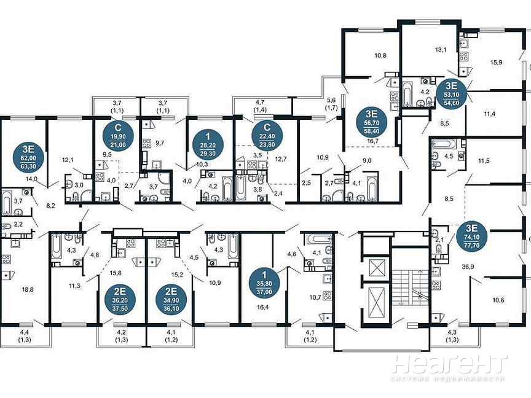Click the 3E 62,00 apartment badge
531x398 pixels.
pyautogui.click(x=29, y=157)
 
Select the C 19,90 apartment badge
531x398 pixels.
pyautogui.click(x=118, y=135)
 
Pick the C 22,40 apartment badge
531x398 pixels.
pyautogui.click(x=267, y=135)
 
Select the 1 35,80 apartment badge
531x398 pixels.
pyautogui.click(x=264, y=283)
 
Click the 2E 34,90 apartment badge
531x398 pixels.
pyautogui.click(x=171, y=300)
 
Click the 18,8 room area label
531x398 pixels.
pyautogui.click(x=28, y=289)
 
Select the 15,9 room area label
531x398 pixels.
pyautogui.click(x=496, y=62)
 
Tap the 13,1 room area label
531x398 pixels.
pyautogui.click(x=441, y=50)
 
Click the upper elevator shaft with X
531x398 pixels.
pyautogui.click(x=377, y=268)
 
